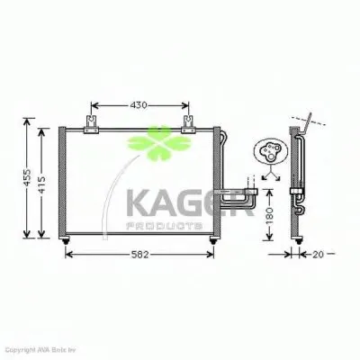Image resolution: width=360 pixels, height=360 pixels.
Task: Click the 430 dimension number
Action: (136, 105)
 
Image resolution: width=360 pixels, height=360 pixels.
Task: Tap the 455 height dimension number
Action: (28, 180)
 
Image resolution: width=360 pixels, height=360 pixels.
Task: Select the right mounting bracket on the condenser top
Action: (188, 127)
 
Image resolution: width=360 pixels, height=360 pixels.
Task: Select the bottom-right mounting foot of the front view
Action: (212, 239)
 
